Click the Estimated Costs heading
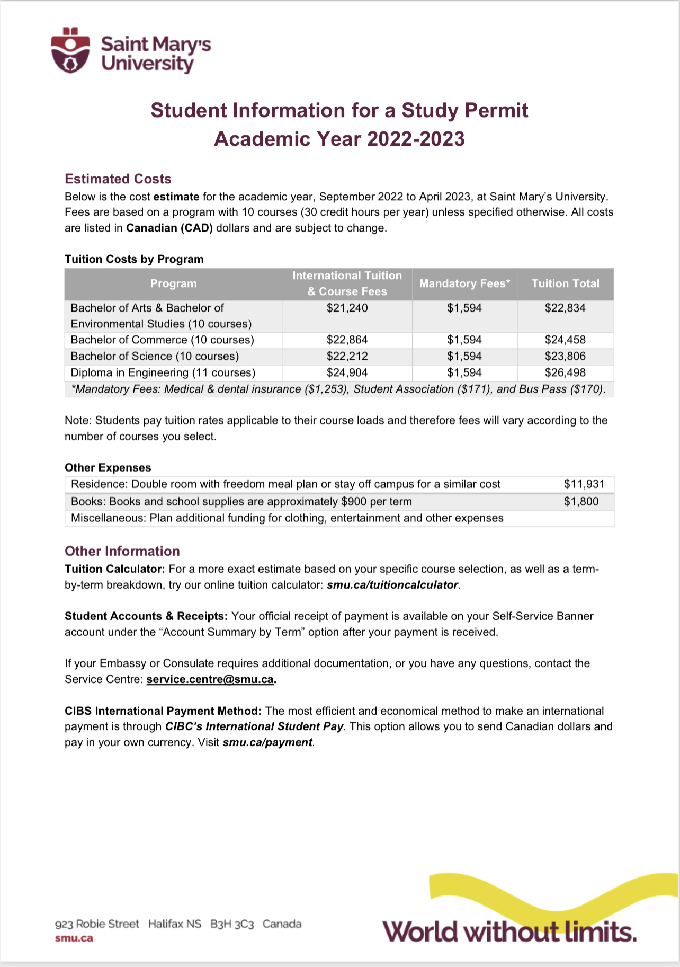tap(118, 179)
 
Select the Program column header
tap(173, 283)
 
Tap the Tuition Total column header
tap(565, 283)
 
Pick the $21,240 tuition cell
tap(347, 308)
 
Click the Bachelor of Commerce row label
tap(162, 340)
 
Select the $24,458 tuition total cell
tap(565, 340)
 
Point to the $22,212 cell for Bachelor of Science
tap(347, 356)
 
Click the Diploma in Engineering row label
tap(163, 372)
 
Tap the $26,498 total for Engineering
tap(565, 372)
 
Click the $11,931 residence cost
tap(584, 484)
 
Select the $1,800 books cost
tap(581, 501)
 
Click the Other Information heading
tap(122, 551)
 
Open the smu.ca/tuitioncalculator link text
tap(392, 585)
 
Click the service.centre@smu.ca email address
tap(210, 679)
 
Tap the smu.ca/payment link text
tap(267, 742)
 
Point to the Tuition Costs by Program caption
tap(134, 259)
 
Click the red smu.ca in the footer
tap(74, 938)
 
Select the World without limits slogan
tap(509, 931)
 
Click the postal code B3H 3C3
tap(232, 924)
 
